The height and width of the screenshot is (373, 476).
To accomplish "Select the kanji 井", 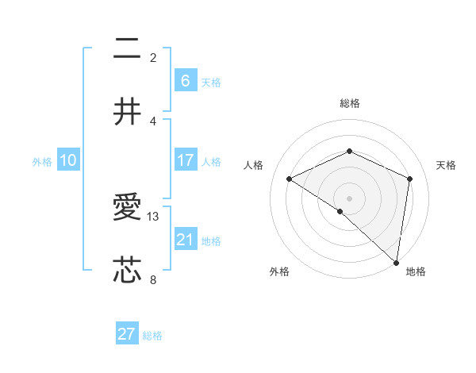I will [x=128, y=113].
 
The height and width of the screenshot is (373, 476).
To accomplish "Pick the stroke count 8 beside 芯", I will [x=153, y=279].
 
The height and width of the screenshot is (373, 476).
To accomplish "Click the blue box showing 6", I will [x=185, y=80].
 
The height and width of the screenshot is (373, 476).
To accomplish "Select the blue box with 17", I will [x=185, y=160].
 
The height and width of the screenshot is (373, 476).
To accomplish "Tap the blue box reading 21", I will [x=185, y=239].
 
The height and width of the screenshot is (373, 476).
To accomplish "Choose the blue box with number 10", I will [x=67, y=160].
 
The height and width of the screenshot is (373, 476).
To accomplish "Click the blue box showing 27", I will [x=127, y=334].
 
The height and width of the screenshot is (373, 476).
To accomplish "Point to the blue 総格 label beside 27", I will [x=152, y=336].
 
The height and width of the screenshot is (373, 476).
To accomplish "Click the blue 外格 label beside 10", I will [x=42, y=162].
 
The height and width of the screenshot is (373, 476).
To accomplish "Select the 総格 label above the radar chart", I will [x=349, y=103].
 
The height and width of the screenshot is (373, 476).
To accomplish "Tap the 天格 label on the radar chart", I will [x=446, y=165].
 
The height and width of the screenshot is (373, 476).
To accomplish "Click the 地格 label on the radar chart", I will [x=416, y=271].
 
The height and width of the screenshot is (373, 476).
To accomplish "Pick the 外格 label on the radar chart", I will [x=279, y=271].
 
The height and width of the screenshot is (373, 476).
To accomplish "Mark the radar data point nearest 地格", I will [x=396, y=262].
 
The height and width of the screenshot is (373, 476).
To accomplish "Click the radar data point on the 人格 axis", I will [x=290, y=179].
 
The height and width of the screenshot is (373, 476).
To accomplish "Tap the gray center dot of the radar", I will [x=349, y=198].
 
